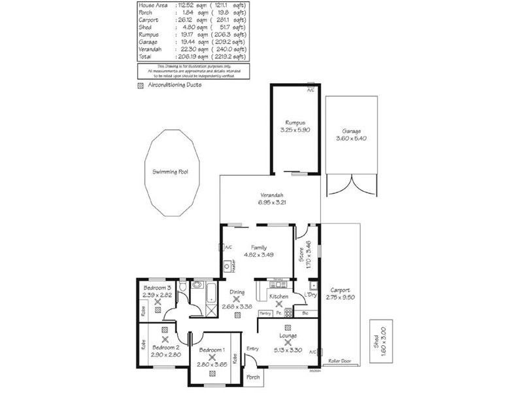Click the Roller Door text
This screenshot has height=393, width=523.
click(x=340, y=360)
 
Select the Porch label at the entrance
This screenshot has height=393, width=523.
click(x=252, y=377)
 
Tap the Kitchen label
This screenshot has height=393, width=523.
click(x=279, y=297)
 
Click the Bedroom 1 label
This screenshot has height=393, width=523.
click(x=212, y=350)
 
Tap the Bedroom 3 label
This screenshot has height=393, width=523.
click(x=157, y=288)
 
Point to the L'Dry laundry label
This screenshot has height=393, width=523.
click(x=311, y=294)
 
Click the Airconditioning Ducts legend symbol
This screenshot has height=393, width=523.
click(x=140, y=85)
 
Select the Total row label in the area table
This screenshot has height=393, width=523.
click(x=146, y=57)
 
